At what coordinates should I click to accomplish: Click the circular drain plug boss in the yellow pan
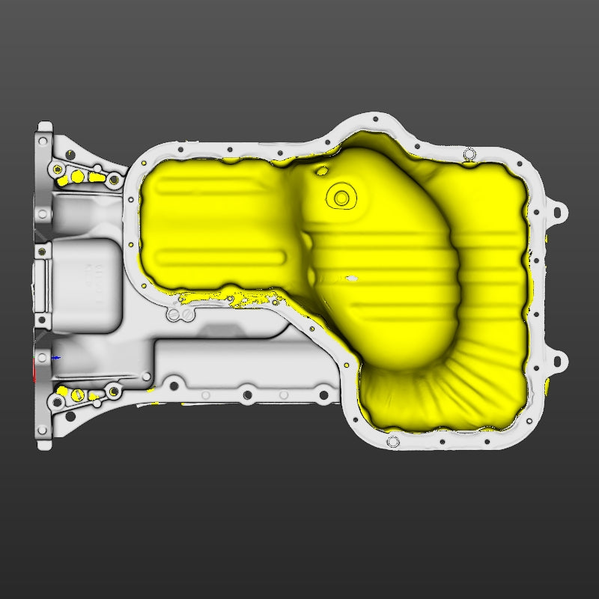pyautogui.click(x=341, y=198)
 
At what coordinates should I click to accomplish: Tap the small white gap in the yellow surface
pyautogui.click(x=350, y=279)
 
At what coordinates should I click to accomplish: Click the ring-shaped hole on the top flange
pyautogui.click(x=469, y=154)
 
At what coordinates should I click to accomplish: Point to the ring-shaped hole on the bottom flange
pyautogui.click(x=393, y=442)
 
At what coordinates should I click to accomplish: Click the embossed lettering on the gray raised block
pyautogui.click(x=96, y=276)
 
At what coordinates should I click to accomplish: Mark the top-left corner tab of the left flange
pyautogui.click(x=44, y=128)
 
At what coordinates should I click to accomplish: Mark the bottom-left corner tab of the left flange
pyautogui.click(x=44, y=444)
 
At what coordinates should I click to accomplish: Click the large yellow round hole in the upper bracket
pyautogui.click(x=76, y=177)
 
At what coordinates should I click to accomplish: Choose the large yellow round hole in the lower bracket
pyautogui.click(x=76, y=394)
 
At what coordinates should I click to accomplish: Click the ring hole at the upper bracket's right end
pyautogui.click(x=114, y=180)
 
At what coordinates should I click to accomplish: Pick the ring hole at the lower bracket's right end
pyautogui.click(x=114, y=391)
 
